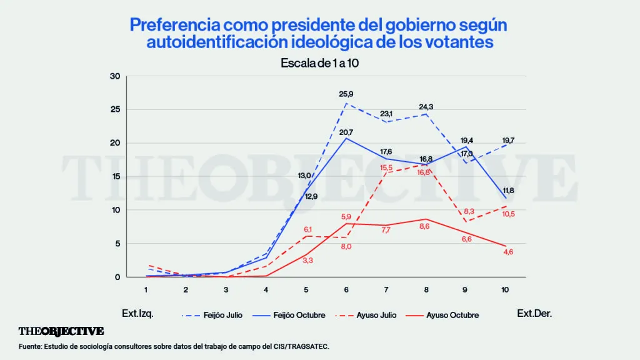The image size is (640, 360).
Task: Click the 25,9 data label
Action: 347,94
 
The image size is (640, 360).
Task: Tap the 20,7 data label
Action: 347,132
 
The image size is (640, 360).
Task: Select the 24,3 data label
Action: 426,107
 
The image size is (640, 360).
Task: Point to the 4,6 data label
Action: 506,252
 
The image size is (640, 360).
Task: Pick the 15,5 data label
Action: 386,167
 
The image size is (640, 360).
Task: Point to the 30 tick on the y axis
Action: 114,76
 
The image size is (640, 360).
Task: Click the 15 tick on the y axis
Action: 114,176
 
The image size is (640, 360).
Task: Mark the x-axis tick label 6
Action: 346,290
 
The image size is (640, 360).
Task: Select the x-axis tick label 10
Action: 506,290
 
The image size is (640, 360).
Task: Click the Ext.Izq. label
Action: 137,314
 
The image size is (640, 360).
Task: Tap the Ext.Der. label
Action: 534,314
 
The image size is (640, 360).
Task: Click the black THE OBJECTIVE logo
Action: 61,331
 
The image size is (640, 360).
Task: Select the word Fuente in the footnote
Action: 29,346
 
